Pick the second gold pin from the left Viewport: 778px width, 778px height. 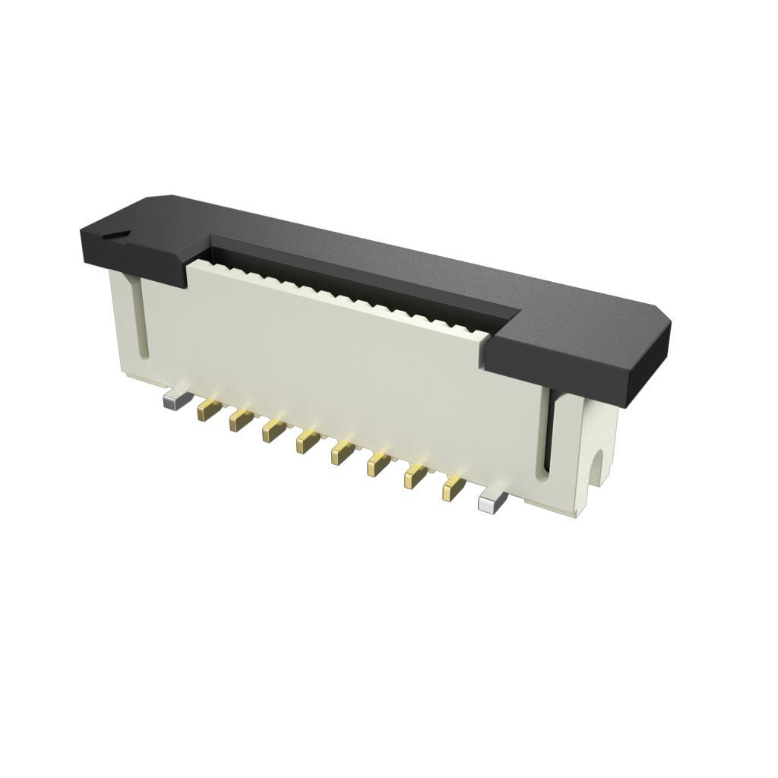click(x=241, y=421)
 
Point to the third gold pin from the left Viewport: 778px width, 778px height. click(x=274, y=432)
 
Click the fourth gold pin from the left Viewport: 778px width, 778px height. click(x=308, y=441)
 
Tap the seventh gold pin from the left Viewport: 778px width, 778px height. click(x=415, y=476)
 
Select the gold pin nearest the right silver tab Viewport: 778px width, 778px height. click(x=454, y=489)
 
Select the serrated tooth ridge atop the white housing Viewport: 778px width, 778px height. click(x=342, y=296)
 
